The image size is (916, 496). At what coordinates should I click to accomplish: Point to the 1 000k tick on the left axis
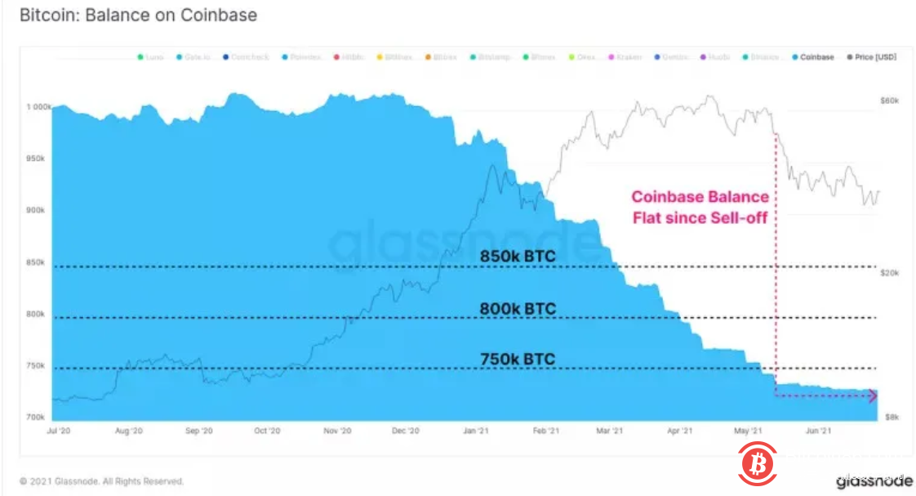(38, 107)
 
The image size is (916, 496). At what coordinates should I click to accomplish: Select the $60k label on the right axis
(889, 100)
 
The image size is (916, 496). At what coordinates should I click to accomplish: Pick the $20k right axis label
(889, 273)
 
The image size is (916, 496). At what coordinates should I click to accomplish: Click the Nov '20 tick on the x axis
(337, 430)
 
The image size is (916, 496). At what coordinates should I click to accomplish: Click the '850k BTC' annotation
(518, 257)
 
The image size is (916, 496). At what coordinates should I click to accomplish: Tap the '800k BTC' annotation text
(518, 309)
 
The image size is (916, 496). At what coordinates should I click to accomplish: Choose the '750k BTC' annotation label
(518, 359)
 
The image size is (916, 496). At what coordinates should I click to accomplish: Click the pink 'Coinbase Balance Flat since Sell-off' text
(700, 207)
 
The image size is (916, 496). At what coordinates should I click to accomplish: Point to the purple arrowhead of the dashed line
(872, 395)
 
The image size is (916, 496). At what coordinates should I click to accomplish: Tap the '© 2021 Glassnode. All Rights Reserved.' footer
(101, 481)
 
